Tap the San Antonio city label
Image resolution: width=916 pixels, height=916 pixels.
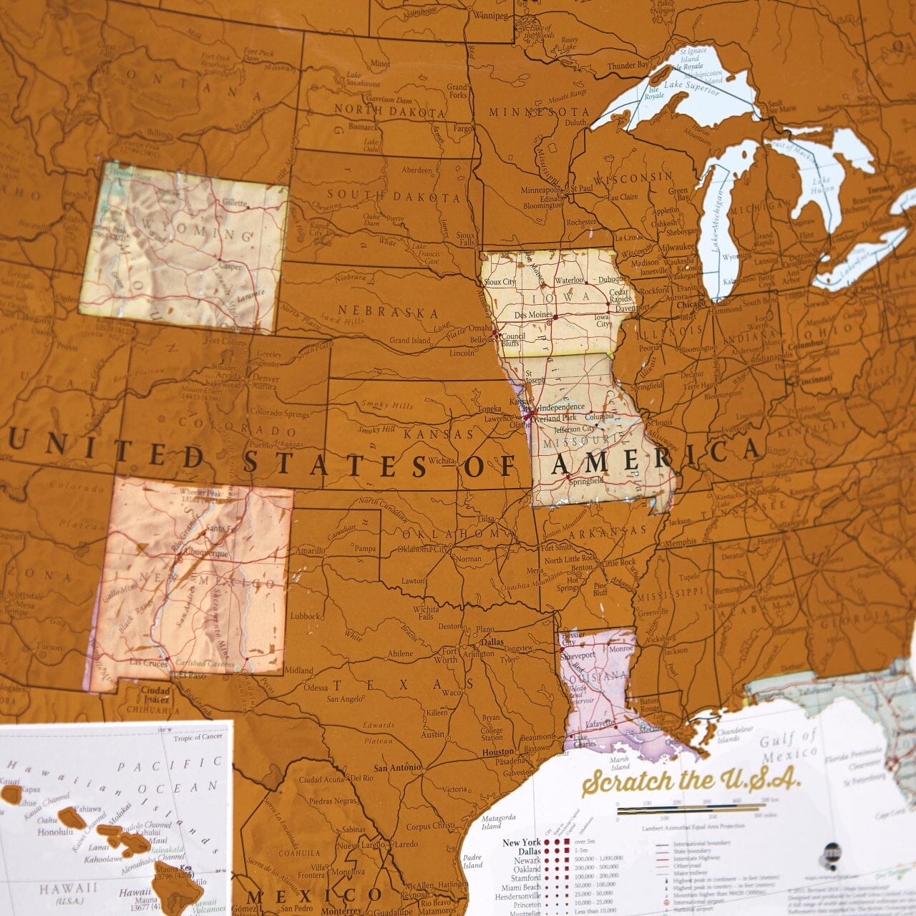398,767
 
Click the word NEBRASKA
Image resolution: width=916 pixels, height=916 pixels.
388,312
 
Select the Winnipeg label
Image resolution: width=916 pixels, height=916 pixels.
490,16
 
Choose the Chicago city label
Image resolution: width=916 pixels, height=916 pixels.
691,304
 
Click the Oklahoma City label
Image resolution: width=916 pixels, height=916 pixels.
424,550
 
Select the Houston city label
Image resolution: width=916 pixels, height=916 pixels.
498,752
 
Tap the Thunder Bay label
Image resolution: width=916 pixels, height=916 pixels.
628,67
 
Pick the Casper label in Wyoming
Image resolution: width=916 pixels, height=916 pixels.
230,265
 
